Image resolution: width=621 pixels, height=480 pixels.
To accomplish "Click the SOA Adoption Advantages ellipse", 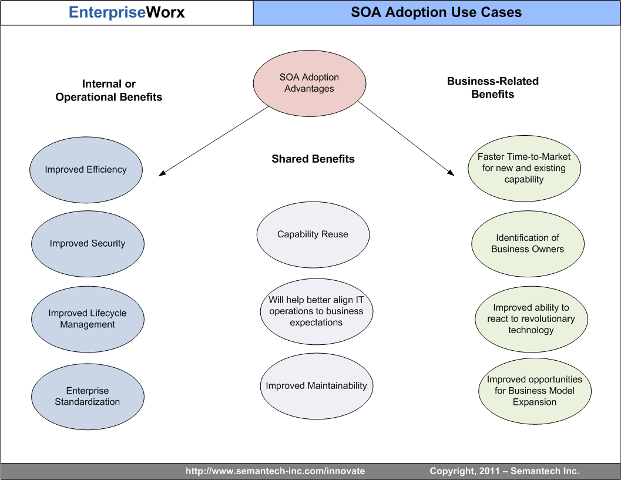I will click(x=309, y=83).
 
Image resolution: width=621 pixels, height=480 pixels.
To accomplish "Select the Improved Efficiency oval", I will click(x=86, y=170).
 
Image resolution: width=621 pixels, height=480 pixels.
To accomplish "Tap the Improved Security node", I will click(x=88, y=243).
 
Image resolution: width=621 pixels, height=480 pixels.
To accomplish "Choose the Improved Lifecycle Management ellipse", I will click(x=88, y=319).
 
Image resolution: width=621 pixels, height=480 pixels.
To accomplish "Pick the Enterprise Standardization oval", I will click(x=88, y=397).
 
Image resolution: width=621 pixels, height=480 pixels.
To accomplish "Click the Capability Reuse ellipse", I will click(x=313, y=234).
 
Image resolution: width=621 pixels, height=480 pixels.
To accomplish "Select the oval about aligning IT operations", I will click(x=316, y=311).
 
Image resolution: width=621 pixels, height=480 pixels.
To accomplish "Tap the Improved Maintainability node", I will click(x=316, y=386).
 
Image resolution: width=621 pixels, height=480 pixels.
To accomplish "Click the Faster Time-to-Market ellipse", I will click(x=524, y=168).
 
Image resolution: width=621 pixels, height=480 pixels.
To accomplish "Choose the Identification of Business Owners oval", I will click(x=528, y=243).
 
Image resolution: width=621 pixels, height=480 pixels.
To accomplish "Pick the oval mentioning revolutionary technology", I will click(x=531, y=319).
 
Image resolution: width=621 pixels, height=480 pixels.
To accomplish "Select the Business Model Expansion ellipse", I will click(x=535, y=391).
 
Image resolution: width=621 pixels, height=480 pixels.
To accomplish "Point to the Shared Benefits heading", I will click(x=313, y=159).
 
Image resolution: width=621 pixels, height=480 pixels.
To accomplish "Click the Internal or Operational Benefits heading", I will click(x=109, y=90).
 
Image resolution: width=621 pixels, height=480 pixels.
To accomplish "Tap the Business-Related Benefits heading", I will click(x=492, y=88).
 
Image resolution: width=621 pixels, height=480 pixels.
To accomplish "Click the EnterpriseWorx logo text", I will click(x=127, y=12).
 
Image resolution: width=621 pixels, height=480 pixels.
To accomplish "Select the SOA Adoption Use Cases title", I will click(x=436, y=12).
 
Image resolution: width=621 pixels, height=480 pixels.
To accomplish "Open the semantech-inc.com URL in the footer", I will click(x=275, y=471).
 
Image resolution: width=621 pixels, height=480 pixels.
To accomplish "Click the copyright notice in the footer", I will click(x=504, y=471).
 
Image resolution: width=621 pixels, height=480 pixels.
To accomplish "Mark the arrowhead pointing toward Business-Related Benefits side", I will click(x=451, y=173).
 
